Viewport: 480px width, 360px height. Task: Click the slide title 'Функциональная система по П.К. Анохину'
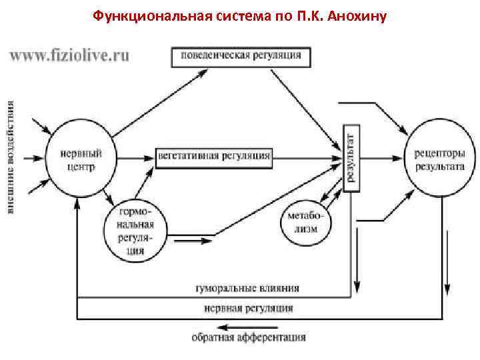click(240, 14)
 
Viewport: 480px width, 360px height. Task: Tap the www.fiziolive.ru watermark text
click(69, 55)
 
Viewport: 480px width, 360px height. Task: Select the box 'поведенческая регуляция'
click(241, 56)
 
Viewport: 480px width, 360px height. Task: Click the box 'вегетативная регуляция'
click(214, 156)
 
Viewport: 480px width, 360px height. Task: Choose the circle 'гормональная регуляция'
click(136, 230)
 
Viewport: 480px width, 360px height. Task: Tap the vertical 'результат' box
click(350, 157)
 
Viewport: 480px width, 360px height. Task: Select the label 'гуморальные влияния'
click(247, 289)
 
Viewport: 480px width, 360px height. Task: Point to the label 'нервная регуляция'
click(248, 309)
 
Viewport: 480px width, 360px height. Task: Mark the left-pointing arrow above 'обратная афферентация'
click(247, 326)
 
